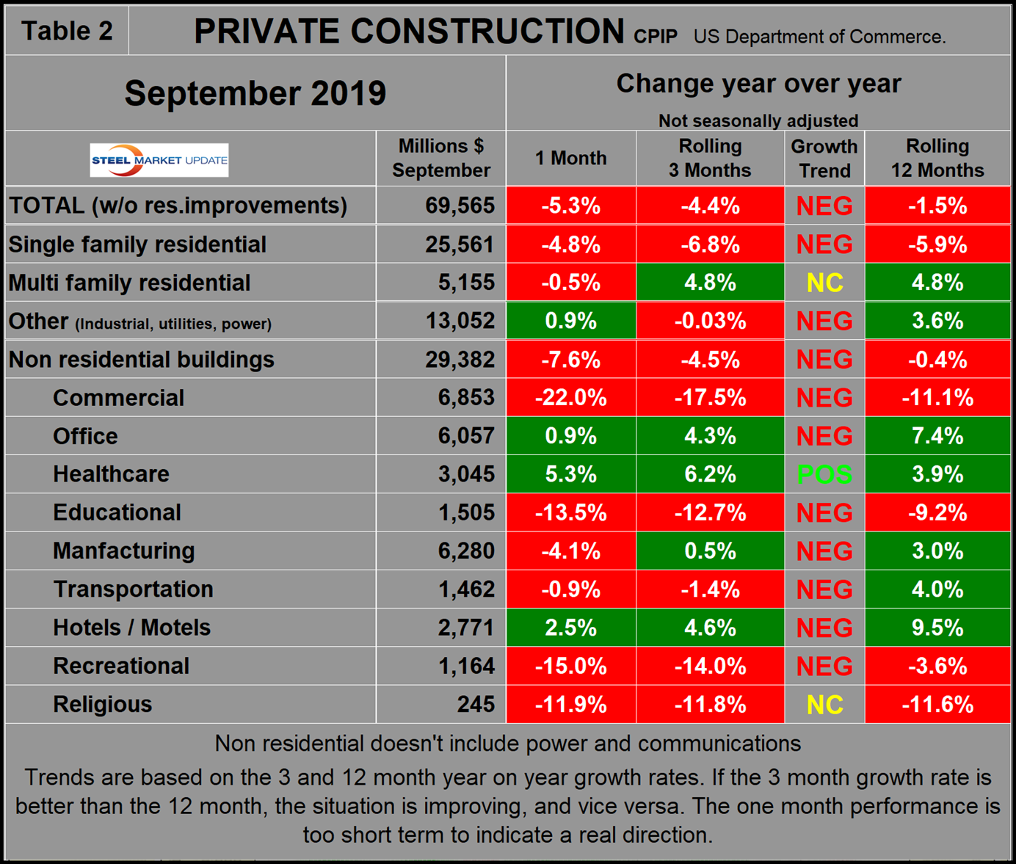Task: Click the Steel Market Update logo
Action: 159,160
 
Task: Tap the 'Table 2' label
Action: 67,31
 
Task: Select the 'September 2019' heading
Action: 255,93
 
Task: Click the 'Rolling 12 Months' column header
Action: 937,158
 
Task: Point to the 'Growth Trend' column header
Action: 824,158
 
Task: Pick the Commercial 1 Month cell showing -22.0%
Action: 570,398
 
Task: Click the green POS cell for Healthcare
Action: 824,475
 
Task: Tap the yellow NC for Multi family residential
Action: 824,283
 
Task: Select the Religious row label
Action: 102,704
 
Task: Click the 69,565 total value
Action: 460,206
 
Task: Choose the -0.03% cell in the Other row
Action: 709,322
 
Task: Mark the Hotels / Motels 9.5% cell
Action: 937,628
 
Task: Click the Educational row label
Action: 117,512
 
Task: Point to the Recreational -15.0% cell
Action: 570,666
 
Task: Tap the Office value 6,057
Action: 466,436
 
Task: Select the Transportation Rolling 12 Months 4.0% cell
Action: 937,589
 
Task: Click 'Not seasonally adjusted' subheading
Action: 758,120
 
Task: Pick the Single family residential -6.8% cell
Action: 709,244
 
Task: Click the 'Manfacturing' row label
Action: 123,551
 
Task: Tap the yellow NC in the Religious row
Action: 824,705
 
